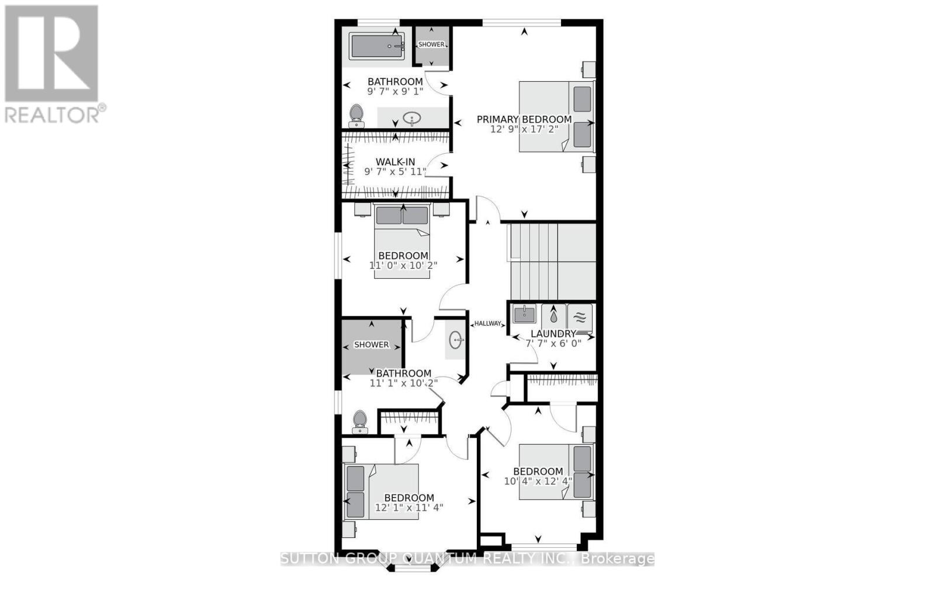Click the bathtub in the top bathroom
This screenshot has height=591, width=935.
click(x=377, y=46)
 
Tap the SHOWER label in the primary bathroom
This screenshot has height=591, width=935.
click(x=431, y=44)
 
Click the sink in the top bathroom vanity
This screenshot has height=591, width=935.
click(x=413, y=119)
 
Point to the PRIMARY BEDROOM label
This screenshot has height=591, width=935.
click(x=524, y=119)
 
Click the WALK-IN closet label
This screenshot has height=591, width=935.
click(x=395, y=162)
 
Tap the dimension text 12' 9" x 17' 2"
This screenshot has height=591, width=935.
click(x=524, y=129)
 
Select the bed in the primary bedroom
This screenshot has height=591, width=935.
click(x=556, y=116)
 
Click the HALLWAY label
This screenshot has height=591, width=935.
click(x=488, y=323)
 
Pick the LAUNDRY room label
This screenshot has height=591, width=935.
click(x=553, y=334)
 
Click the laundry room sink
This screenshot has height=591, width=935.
click(x=524, y=314)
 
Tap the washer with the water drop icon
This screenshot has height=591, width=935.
click(x=553, y=318)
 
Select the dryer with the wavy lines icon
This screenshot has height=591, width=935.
click(x=579, y=318)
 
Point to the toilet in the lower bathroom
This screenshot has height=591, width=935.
click(x=359, y=421)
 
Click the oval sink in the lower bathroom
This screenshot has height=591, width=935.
click(x=456, y=340)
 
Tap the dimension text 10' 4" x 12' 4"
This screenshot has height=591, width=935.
click(x=538, y=481)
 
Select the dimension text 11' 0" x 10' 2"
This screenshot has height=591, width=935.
click(x=403, y=265)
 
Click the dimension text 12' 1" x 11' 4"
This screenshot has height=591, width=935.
click(x=409, y=507)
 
